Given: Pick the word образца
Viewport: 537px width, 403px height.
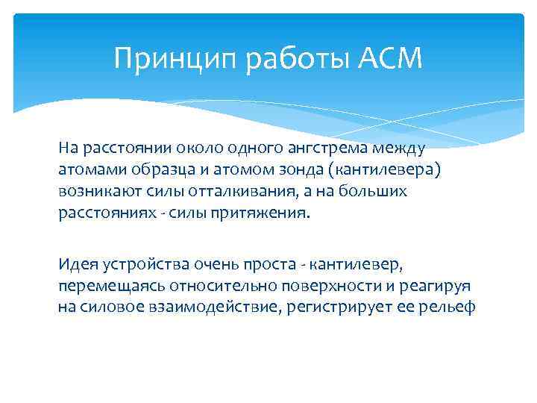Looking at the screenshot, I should [147, 170].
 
